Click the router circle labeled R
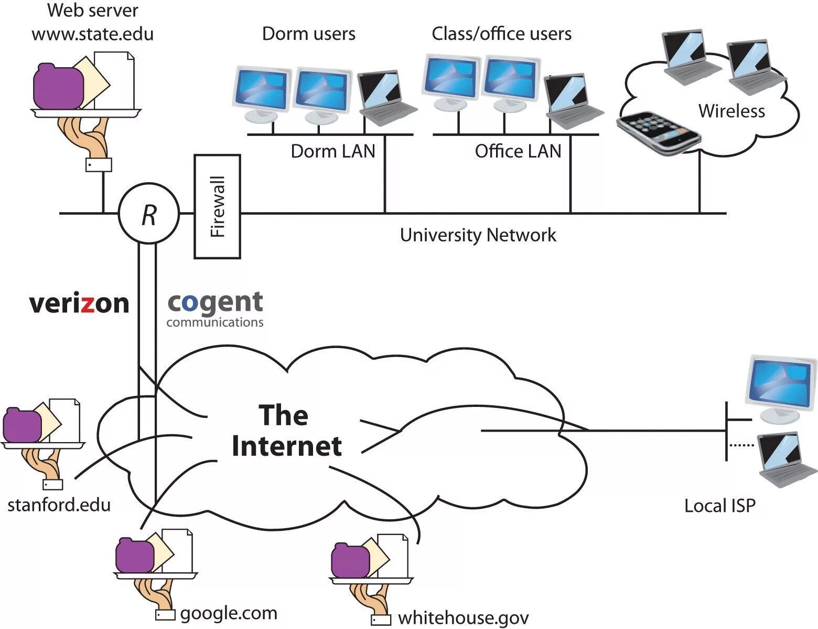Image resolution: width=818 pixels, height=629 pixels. pos(149,213)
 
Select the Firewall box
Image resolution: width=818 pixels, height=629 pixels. pos(217,206)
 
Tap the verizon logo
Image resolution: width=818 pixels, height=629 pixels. pos(79,303)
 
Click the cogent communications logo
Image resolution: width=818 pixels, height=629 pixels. pos(215,309)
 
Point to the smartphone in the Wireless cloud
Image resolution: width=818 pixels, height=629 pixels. pos(658,132)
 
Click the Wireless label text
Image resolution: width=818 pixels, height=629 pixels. pos(731,111)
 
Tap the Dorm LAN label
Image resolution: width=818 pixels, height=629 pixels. pos(333,151)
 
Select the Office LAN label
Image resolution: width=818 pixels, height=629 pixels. pos(518,151)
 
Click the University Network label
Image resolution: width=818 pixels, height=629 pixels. pos(478,235)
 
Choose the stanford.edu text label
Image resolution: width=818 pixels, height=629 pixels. pos(59,505)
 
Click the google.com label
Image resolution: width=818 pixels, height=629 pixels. pos(229,613)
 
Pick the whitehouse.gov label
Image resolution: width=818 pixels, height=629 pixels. pos(464,618)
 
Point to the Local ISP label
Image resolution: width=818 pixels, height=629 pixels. pos(720,506)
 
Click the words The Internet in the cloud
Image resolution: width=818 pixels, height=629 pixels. pos(286,431)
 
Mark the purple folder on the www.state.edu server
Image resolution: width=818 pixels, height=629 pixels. pos(58,86)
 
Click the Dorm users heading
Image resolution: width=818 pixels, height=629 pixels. pos(308,34)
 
